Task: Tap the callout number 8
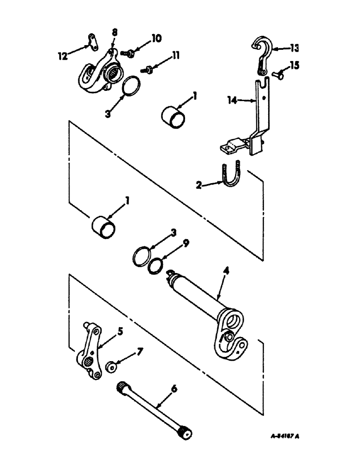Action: click(x=115, y=33)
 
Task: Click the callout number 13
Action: click(x=294, y=48)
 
